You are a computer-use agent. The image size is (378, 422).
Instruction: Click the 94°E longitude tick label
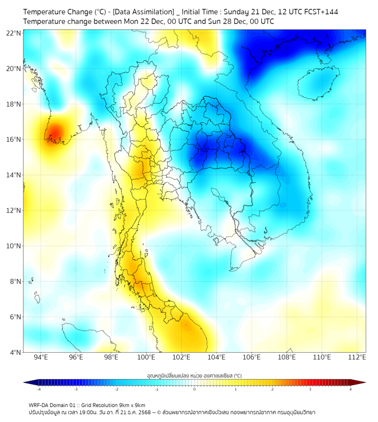[x=41, y=358]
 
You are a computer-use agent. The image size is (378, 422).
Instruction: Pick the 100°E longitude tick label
[x=146, y=358]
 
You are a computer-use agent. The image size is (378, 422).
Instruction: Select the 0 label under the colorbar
[x=195, y=389]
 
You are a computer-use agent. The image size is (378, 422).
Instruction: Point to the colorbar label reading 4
[x=351, y=389]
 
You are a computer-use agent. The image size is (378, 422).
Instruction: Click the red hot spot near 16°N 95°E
[x=54, y=133]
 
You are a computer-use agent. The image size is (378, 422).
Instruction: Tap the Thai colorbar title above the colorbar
[x=194, y=375]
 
